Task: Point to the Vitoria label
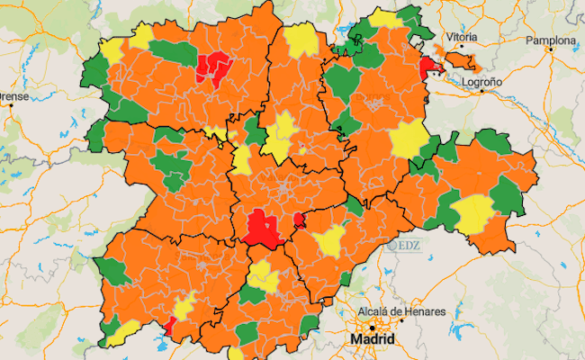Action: tap(462, 37)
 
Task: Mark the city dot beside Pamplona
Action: tap(550, 50)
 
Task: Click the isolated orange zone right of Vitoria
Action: tap(457, 60)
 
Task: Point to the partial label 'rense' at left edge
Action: tap(14, 95)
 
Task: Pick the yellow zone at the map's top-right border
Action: tap(384, 19)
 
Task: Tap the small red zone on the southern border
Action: tap(168, 324)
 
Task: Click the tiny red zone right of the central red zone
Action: tap(299, 219)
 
